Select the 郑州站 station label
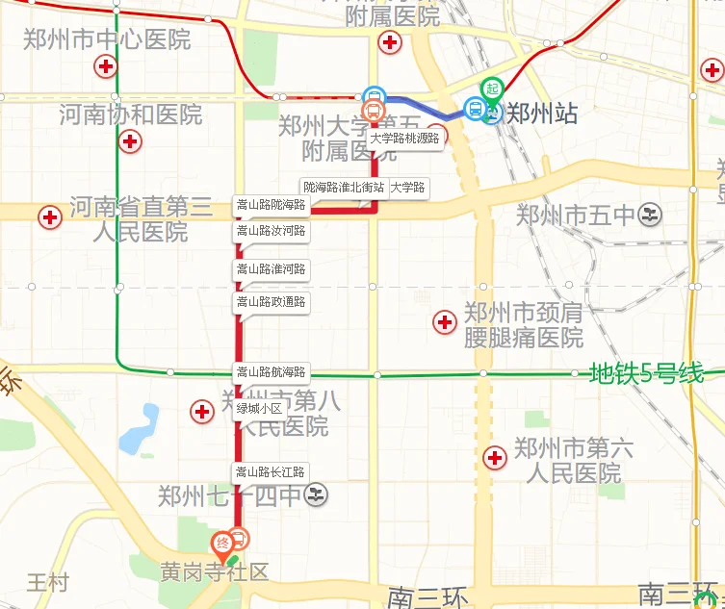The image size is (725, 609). click(x=542, y=114)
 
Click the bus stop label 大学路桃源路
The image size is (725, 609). click(x=404, y=139)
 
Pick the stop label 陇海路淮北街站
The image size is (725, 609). click(x=343, y=187)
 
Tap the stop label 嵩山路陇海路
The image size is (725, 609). click(x=271, y=205)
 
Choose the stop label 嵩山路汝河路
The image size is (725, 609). click(x=271, y=231)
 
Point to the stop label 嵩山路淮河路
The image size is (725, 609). click(x=271, y=269)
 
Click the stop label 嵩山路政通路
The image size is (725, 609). click(x=271, y=302)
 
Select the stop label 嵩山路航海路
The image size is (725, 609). click(x=271, y=372)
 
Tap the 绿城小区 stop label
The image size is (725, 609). click(x=258, y=409)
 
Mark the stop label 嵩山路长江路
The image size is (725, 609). click(x=271, y=472)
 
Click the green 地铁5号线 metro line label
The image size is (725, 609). click(x=646, y=373)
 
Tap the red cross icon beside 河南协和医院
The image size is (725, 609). click(x=129, y=141)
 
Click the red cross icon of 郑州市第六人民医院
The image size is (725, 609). click(x=495, y=458)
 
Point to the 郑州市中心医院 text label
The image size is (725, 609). click(x=107, y=40)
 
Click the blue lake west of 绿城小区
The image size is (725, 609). click(x=140, y=429)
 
